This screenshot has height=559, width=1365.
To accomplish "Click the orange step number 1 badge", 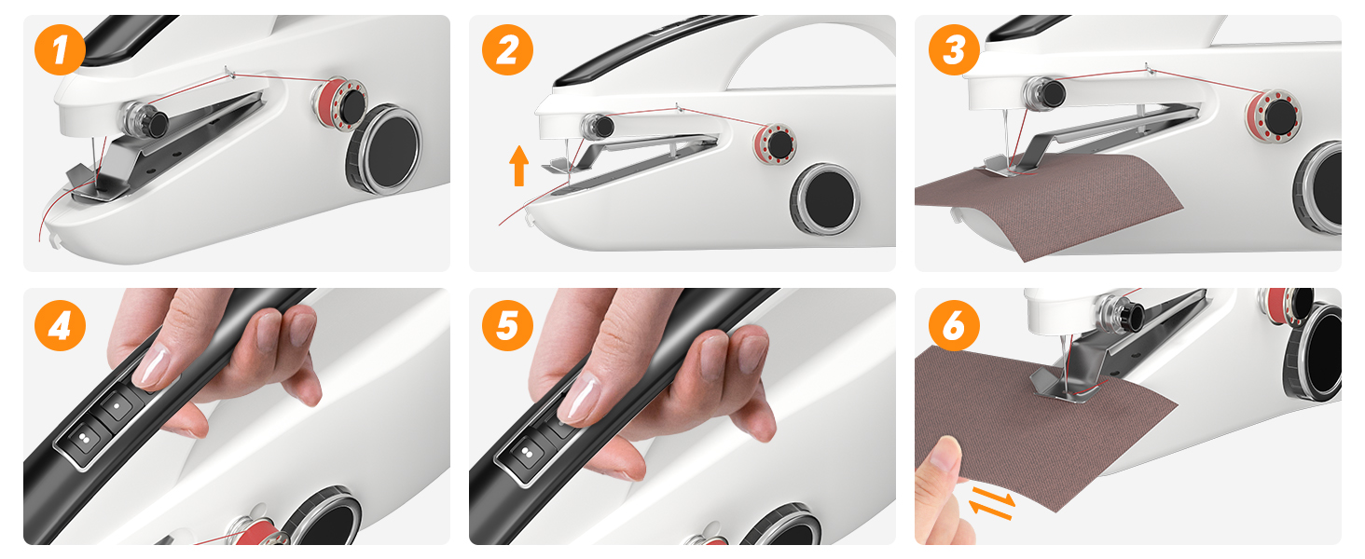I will tap(61, 50).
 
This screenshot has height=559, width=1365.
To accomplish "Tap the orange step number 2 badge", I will tap(507, 50).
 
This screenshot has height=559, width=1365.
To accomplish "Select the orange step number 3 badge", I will tap(954, 50).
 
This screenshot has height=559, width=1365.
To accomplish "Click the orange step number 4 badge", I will tap(61, 326).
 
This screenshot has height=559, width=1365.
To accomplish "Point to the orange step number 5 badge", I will tap(507, 326).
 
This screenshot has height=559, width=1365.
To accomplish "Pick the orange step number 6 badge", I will tap(954, 326).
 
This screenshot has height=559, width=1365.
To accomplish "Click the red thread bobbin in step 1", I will tap(339, 104).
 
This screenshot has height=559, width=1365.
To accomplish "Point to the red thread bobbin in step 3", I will tap(1272, 115).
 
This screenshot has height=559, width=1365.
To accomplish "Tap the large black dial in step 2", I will tap(825, 198).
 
